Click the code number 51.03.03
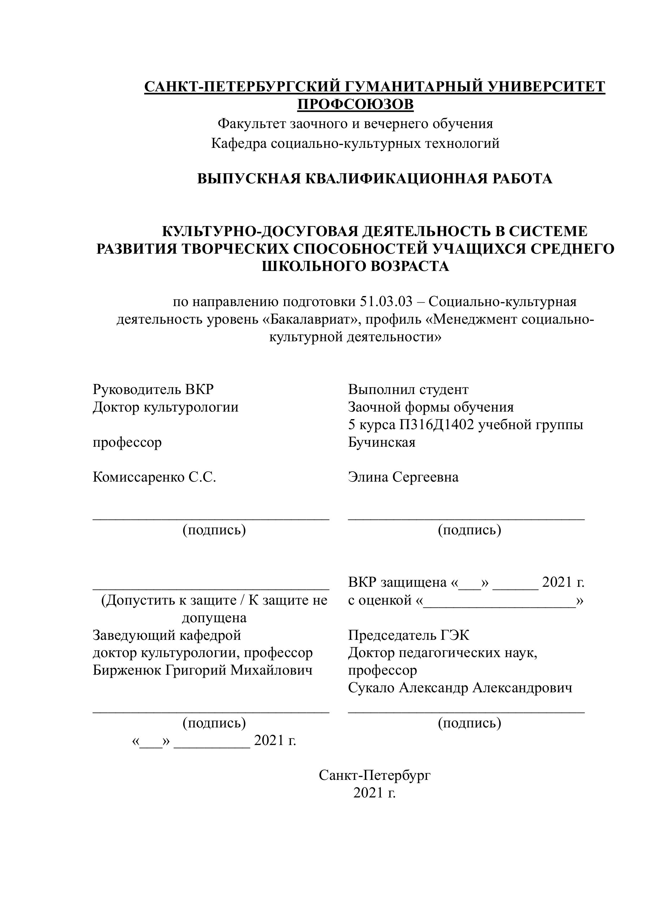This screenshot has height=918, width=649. click(x=386, y=302)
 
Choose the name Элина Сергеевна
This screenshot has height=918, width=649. click(x=403, y=477)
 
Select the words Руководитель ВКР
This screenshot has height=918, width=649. click(x=153, y=389)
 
